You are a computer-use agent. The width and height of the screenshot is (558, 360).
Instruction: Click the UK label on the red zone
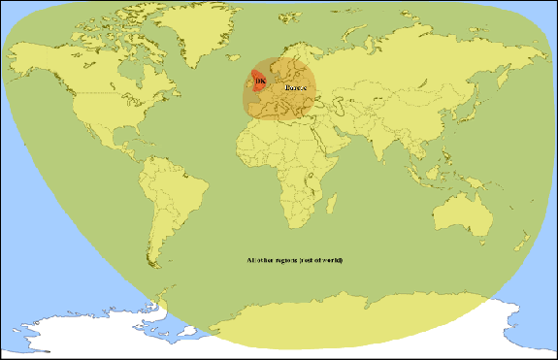[258, 81]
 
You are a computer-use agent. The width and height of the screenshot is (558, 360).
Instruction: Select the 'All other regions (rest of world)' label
[295, 262]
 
